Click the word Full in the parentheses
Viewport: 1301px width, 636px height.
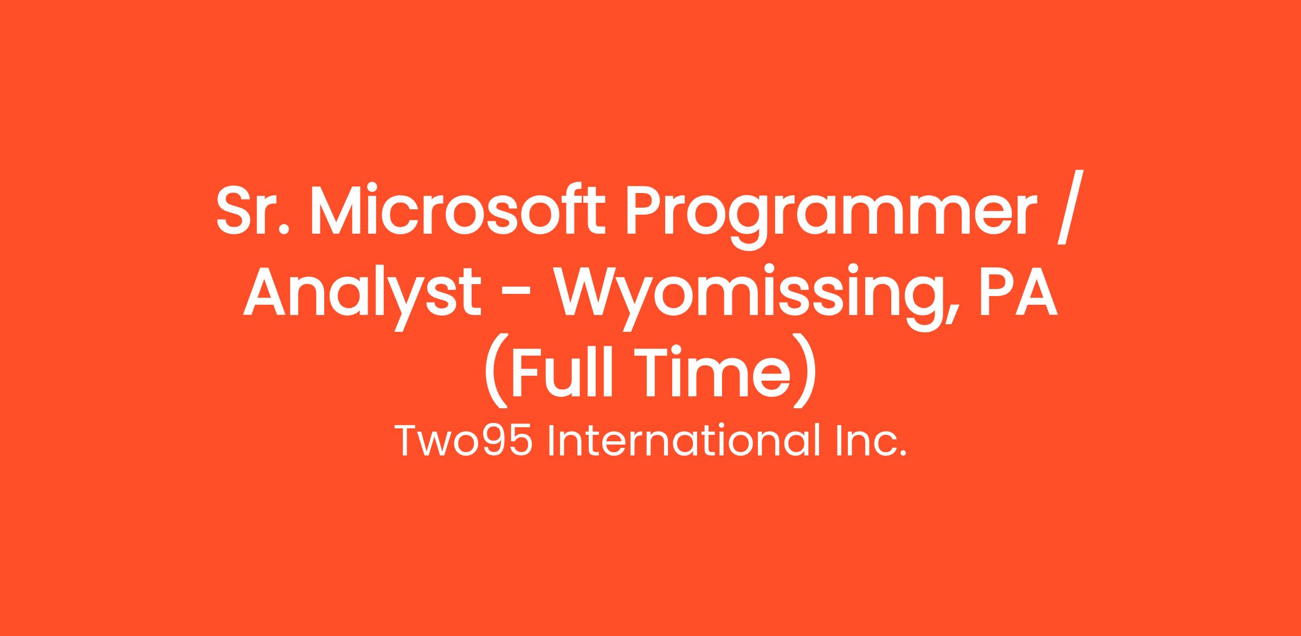pos(569,372)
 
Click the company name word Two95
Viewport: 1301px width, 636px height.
pos(463,441)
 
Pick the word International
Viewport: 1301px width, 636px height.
pos(686,440)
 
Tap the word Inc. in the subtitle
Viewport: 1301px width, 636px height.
pos(873,441)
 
